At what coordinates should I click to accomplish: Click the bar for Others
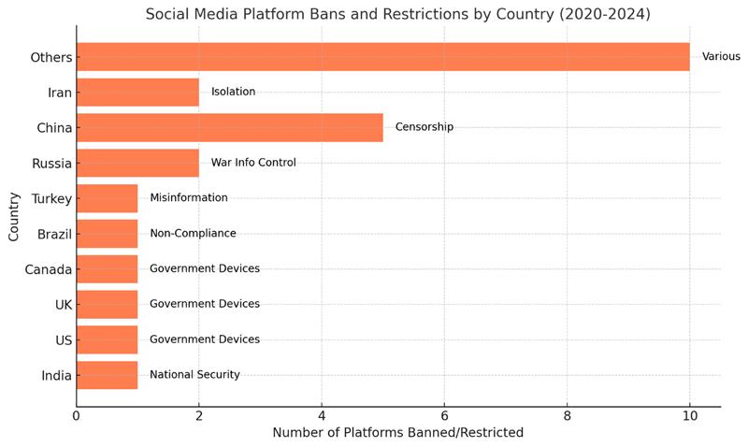(382, 56)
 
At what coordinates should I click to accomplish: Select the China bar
(229, 127)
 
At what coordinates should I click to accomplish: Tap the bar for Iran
(137, 92)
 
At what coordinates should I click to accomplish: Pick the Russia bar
(137, 163)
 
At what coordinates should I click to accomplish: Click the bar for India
(107, 375)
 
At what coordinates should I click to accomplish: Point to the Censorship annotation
(424, 127)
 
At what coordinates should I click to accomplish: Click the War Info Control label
(253, 163)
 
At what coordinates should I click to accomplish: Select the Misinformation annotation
(189, 198)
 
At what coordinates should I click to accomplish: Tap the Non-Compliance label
(193, 233)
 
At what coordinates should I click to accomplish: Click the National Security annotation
(194, 375)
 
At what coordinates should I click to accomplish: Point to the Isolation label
(233, 92)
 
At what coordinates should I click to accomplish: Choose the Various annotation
(721, 56)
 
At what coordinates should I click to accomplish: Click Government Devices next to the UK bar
(205, 304)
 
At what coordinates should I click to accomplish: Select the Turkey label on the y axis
(51, 198)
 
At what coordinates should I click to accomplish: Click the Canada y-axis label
(49, 269)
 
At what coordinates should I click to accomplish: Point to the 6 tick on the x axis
(444, 415)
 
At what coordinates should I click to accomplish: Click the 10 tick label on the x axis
(689, 415)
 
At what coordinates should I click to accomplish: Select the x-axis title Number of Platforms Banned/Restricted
(397, 433)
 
